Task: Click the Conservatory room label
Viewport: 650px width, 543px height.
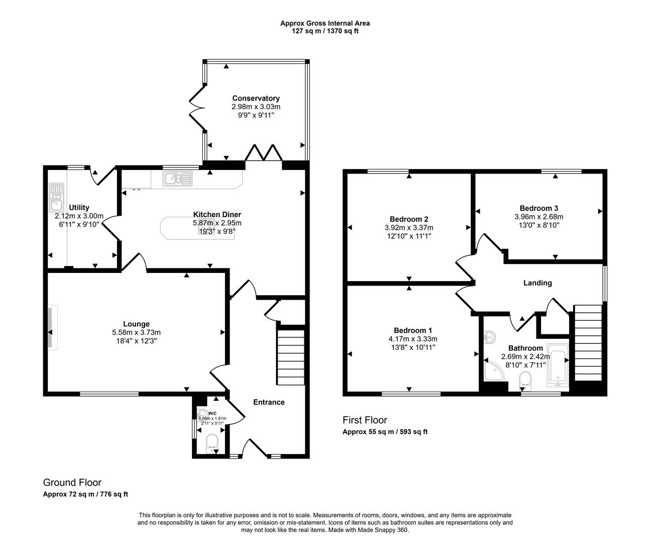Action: (256, 99)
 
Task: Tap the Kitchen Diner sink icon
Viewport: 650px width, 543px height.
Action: (177, 178)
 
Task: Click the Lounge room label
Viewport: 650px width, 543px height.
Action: (136, 324)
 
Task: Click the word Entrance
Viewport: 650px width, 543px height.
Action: (268, 402)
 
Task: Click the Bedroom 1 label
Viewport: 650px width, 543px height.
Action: (412, 330)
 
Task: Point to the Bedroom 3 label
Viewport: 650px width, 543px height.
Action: (538, 208)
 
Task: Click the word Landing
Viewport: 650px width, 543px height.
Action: (537, 283)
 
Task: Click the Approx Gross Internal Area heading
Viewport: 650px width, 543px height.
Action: (324, 23)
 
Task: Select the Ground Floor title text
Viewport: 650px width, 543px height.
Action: (72, 483)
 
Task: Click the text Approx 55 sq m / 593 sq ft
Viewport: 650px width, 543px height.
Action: (385, 431)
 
